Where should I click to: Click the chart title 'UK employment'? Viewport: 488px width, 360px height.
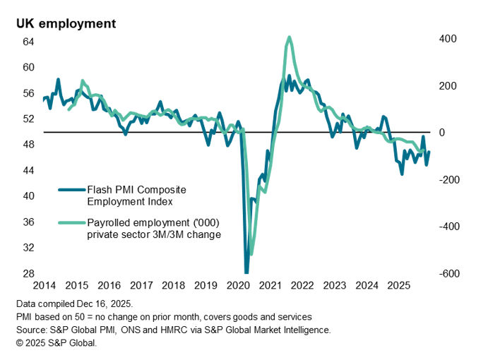pos(66,23)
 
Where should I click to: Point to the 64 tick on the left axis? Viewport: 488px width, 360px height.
pos(28,42)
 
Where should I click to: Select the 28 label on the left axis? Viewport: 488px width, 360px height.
pos(28,274)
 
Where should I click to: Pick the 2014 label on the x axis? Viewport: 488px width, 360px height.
pos(44,285)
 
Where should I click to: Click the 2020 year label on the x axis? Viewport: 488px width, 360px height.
pos(237,285)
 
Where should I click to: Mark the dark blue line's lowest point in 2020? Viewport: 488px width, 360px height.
pos(246,272)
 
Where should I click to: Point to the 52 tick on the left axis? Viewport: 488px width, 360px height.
pos(28,119)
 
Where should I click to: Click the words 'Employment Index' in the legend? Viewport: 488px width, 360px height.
pos(130,201)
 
